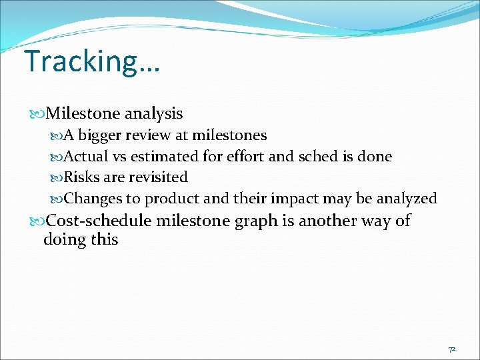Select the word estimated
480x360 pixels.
pos(162,157)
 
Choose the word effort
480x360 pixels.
pos(243,157)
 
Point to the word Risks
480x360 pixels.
pos(81,177)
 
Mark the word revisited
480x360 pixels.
pos(158,177)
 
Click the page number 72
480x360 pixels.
pos(451,349)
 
